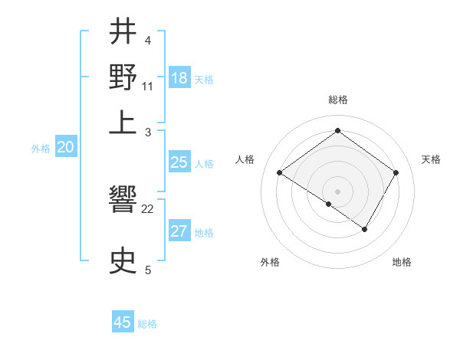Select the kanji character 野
tap(123, 77)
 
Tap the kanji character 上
tap(123, 123)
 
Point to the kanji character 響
tap(123, 202)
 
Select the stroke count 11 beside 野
tap(148, 85)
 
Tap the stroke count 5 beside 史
tap(148, 269)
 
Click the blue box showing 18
tap(179, 78)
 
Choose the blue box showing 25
tap(179, 162)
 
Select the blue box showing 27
tap(179, 231)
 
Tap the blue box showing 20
tap(65, 148)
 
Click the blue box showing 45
tap(123, 322)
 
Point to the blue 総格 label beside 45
tap(147, 324)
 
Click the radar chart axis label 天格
tap(431, 159)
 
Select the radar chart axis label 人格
tap(245, 159)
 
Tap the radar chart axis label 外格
tap(270, 262)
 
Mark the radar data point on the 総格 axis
tap(337, 131)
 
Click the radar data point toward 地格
tap(365, 229)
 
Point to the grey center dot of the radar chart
tap(337, 191)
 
